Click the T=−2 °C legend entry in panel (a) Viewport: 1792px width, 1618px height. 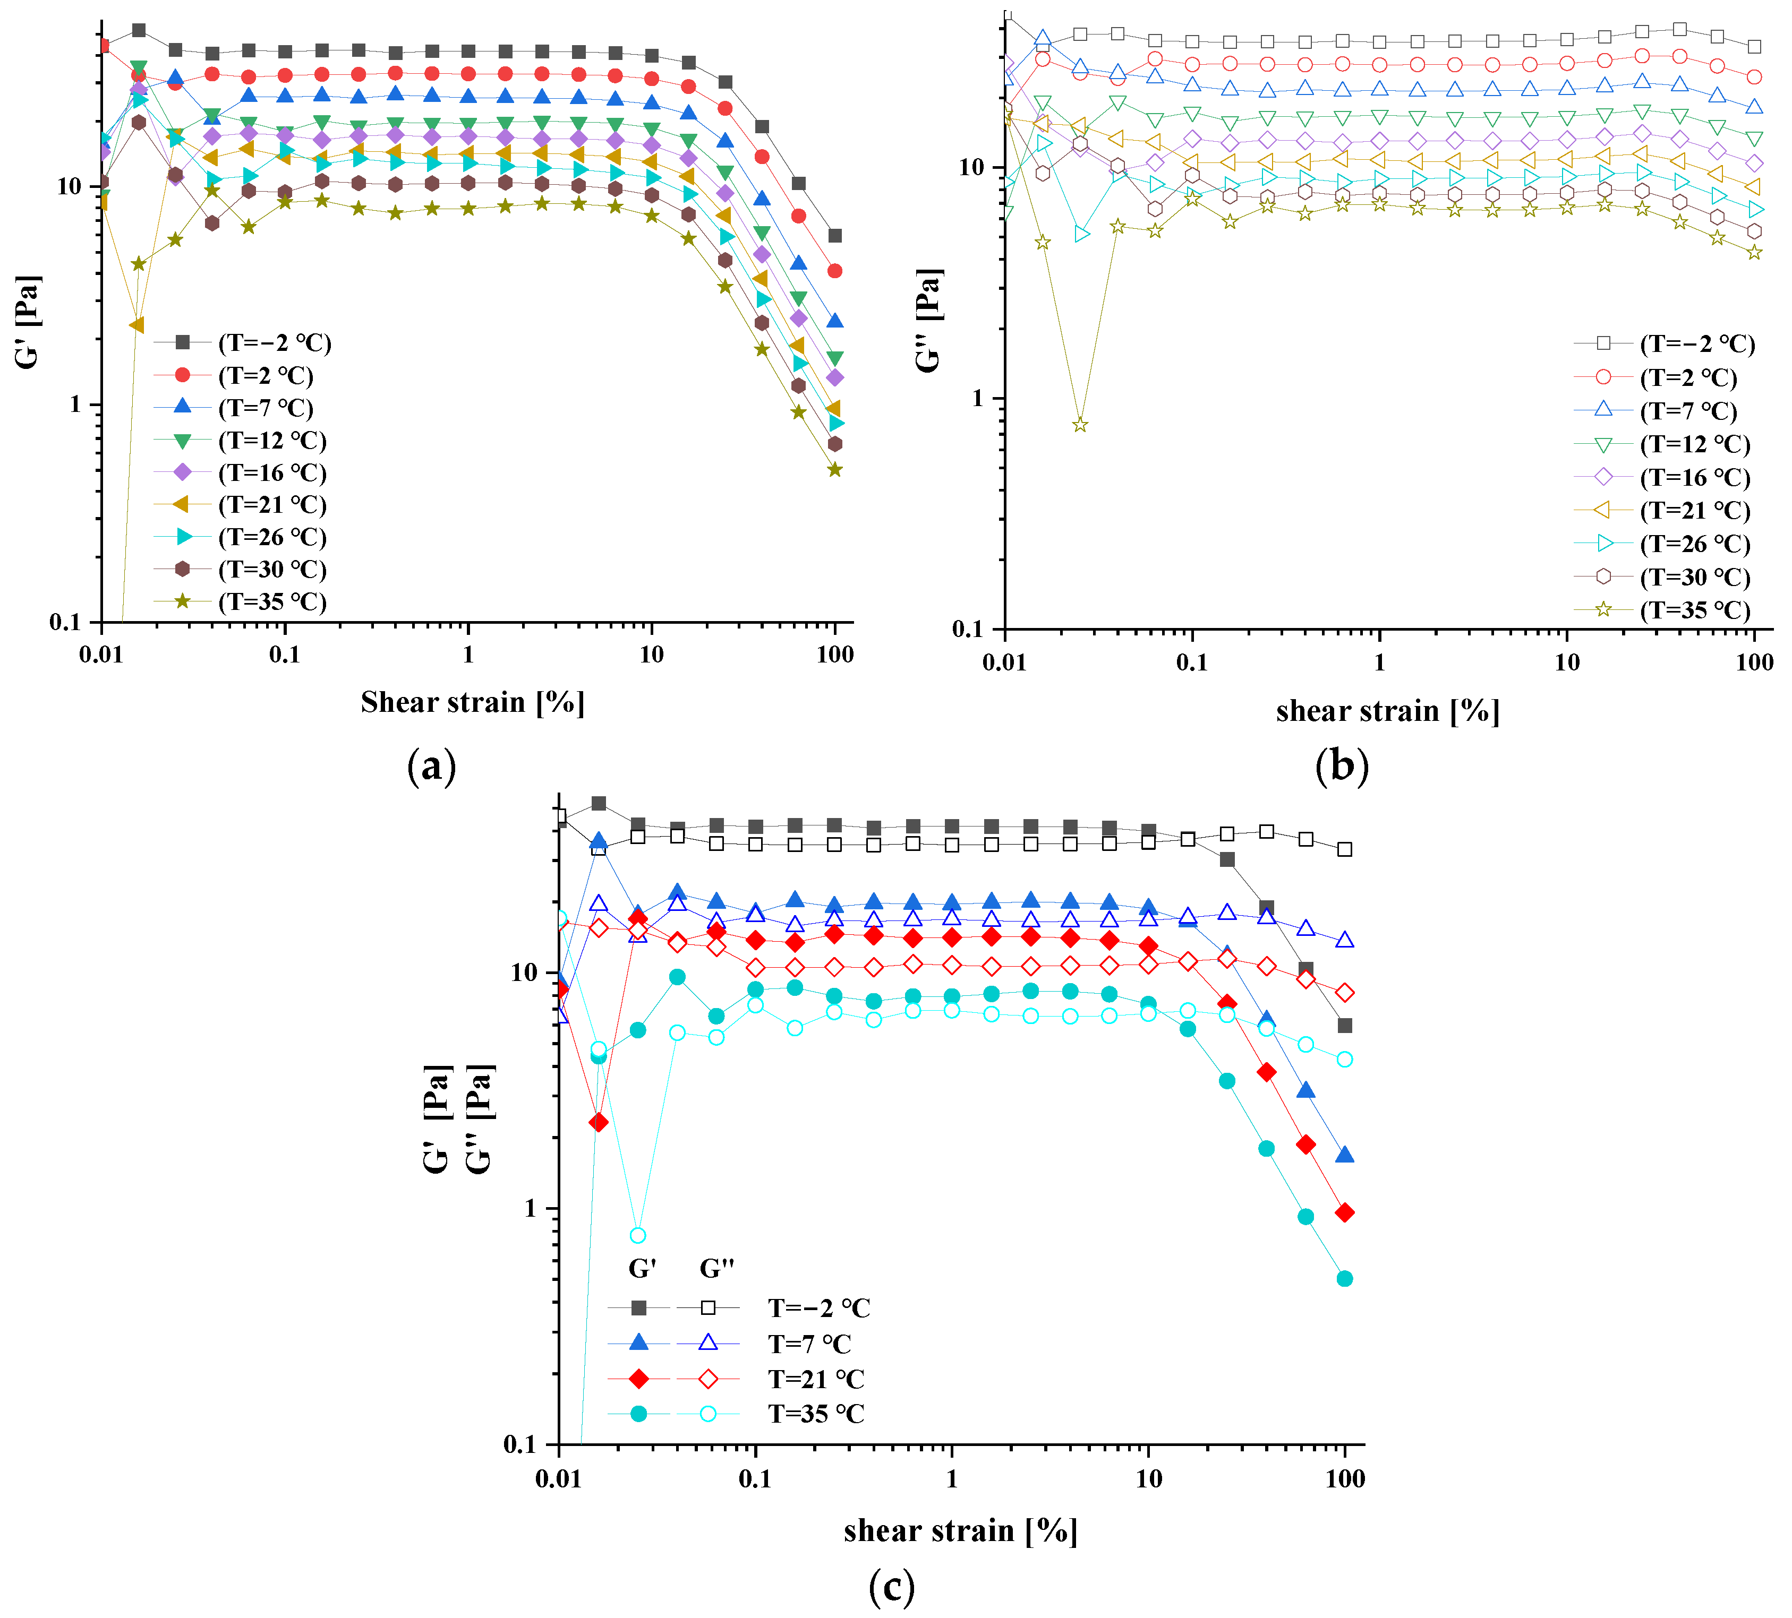tap(274, 343)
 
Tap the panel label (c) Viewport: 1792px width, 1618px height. tap(891, 1587)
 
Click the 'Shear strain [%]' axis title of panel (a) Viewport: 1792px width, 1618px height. tap(472, 702)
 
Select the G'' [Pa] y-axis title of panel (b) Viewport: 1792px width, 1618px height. tap(929, 320)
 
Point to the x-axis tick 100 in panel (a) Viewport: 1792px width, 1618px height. tap(835, 655)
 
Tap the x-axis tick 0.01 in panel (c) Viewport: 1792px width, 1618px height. tap(558, 1478)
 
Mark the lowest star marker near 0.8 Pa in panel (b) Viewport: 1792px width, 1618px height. tap(1080, 425)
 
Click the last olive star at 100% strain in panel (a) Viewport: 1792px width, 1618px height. tap(835, 469)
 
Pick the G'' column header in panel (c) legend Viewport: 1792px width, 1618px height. tap(716, 1269)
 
